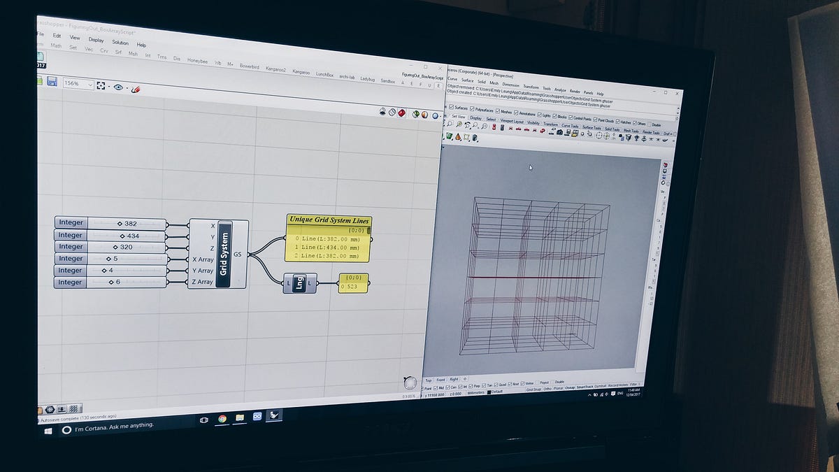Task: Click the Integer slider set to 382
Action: click(x=126, y=224)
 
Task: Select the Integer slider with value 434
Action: click(x=126, y=236)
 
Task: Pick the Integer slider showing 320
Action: click(x=126, y=247)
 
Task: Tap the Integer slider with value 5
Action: click(x=126, y=259)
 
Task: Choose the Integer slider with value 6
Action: click(x=126, y=282)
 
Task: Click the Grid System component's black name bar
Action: click(x=224, y=253)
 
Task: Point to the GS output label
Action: click(x=238, y=255)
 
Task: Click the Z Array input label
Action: click(x=203, y=282)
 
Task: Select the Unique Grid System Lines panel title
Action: click(x=329, y=220)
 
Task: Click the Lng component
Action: click(x=299, y=283)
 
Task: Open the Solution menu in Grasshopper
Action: click(x=120, y=43)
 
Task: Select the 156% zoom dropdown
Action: click(x=78, y=83)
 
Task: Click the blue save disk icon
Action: click(x=52, y=82)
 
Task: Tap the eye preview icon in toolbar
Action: click(x=118, y=87)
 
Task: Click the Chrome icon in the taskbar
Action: click(x=222, y=418)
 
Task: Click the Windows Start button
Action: click(x=48, y=431)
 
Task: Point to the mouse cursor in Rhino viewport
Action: click(x=530, y=167)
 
